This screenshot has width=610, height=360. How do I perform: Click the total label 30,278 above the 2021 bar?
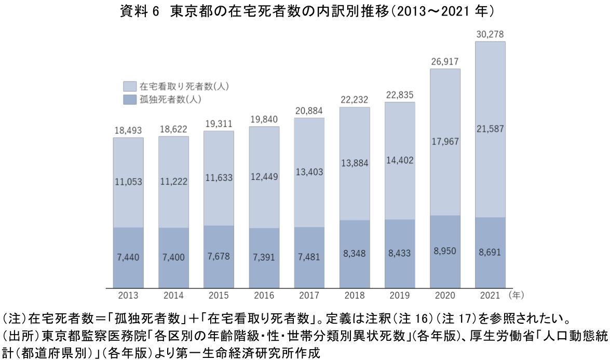490,35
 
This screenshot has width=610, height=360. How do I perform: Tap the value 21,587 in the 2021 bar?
490,129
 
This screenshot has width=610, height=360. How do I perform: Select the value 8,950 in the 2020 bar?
445,250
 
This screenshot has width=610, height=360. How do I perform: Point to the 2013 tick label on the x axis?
128,296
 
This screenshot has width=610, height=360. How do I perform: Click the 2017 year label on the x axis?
309,296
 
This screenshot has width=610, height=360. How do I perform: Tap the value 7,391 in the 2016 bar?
264,257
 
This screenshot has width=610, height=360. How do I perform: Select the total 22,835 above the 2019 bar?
400,95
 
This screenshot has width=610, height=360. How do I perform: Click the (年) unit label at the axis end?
517,295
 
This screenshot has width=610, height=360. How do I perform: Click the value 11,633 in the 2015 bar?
219,178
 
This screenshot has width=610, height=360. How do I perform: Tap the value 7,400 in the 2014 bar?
173,257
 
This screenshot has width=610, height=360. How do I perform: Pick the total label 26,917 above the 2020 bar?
445,62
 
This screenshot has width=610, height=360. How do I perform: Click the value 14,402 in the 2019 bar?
400,160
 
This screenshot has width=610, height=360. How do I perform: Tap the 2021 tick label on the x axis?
490,296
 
